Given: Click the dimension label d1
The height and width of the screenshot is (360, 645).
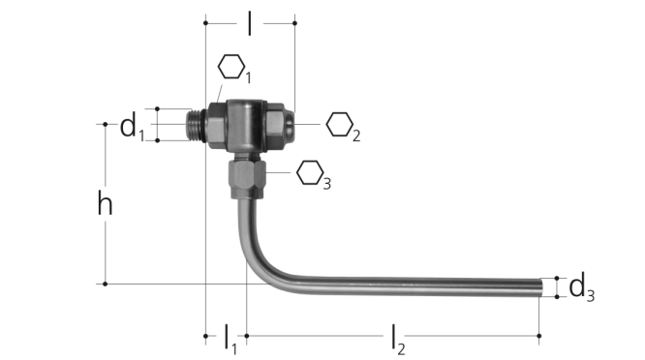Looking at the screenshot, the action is click(132, 128).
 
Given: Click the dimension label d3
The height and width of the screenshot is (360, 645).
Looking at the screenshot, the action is click(581, 288).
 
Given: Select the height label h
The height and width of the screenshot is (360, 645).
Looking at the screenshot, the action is click(105, 203).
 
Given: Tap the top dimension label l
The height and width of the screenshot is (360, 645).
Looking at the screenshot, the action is click(250, 23).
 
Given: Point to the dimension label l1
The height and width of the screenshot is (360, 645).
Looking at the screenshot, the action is click(230, 339).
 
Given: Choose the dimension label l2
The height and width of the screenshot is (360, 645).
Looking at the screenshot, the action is click(398, 340).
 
